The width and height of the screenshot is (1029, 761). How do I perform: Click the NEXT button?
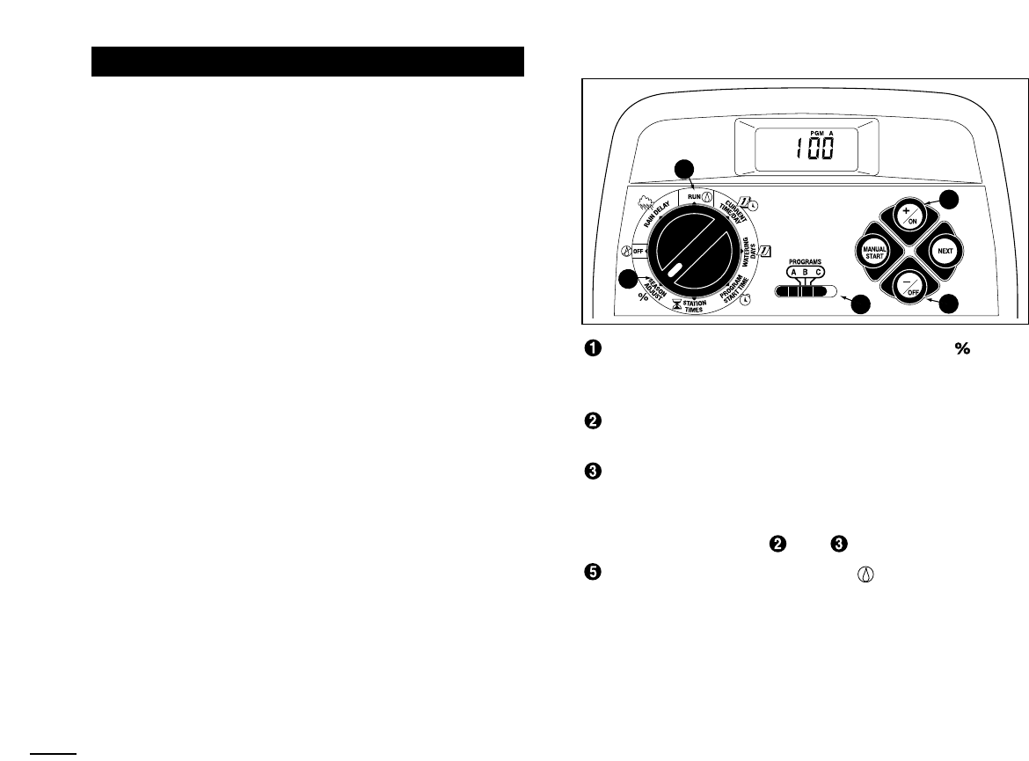coord(945,250)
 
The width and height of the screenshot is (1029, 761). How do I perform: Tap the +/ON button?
coord(909,215)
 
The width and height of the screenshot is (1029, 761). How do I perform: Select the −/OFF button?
coord(909,285)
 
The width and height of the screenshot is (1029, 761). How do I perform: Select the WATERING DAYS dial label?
coord(747,252)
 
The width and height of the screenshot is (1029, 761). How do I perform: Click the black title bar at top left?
coord(309,62)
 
